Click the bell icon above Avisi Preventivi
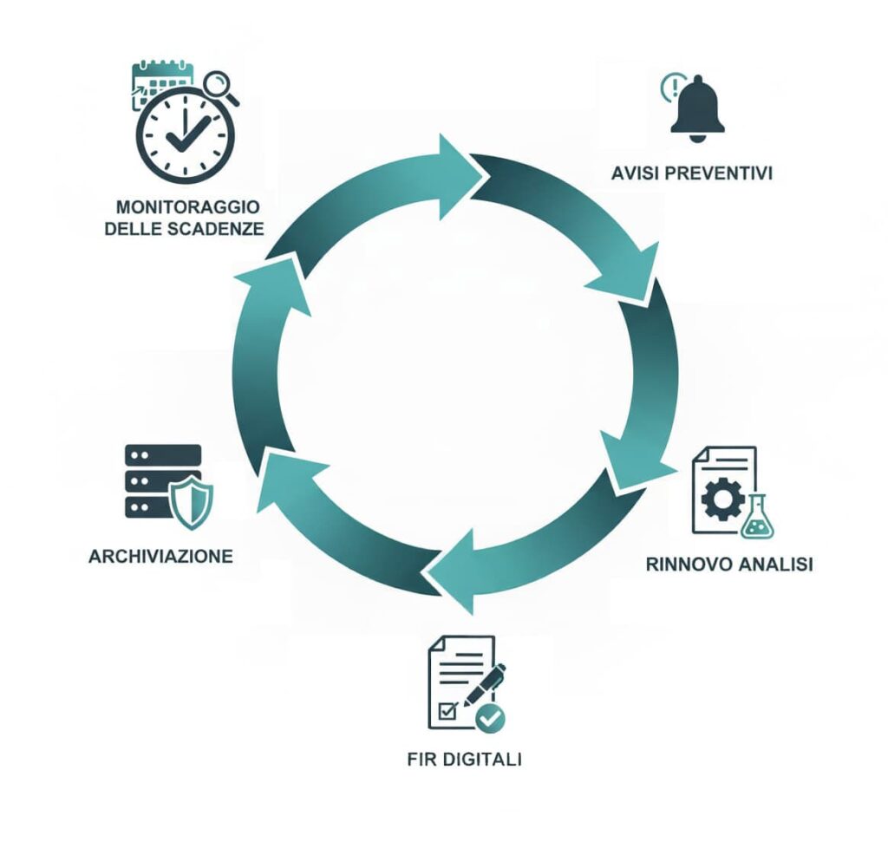pos(698,108)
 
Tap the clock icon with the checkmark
pos(185,134)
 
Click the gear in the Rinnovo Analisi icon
pos(721,499)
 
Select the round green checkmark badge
pos(492,718)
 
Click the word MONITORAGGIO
pos(188,208)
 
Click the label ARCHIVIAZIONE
pos(160,556)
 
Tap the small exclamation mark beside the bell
pos(669,86)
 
